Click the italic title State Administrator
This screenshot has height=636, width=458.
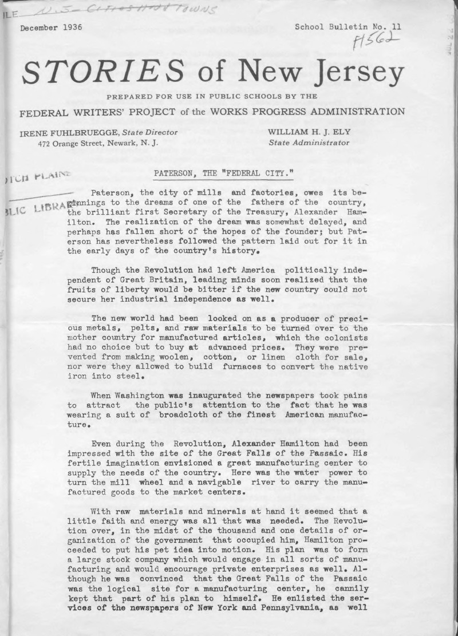pyautogui.click(x=309, y=143)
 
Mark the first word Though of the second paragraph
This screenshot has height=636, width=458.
pyautogui.click(x=106, y=269)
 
